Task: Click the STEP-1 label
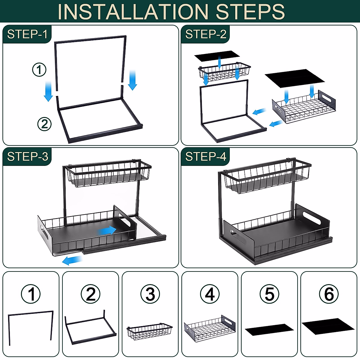[27, 34]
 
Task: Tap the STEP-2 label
[206, 34]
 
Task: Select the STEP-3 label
[28, 156]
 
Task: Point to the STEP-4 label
[206, 156]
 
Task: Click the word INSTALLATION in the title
[133, 11]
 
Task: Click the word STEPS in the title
[250, 11]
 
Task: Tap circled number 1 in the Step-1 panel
[39, 70]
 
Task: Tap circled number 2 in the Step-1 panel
[44, 124]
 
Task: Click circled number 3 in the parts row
[150, 294]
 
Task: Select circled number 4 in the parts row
[210, 294]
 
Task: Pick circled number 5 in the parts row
[269, 294]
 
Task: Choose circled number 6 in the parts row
[329, 294]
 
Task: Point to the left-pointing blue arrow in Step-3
[72, 260]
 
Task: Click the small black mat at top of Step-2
[217, 56]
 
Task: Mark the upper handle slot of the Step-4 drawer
[311, 218]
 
